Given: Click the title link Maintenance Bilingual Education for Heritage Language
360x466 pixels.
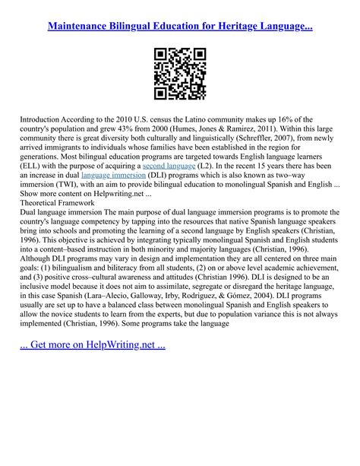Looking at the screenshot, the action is pyautogui.click(x=180, y=26).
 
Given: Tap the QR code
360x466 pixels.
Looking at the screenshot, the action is pyautogui.click(x=180, y=74).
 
